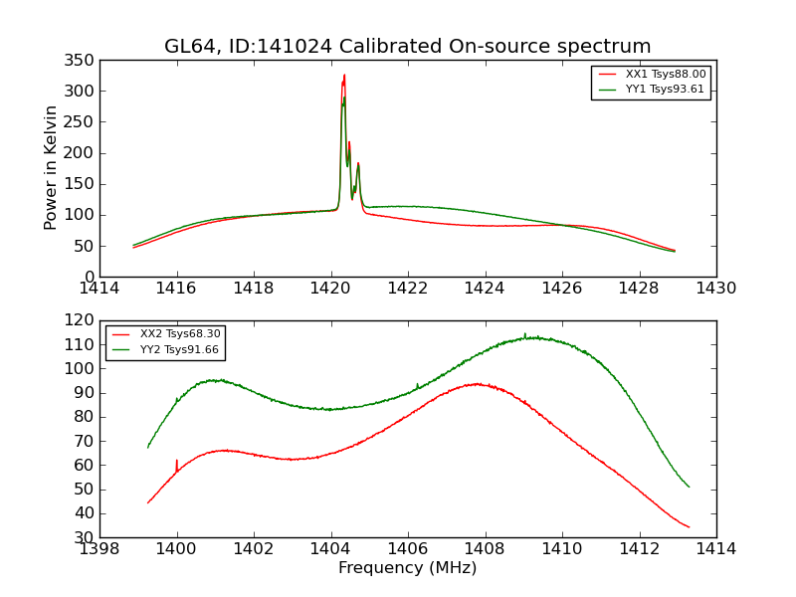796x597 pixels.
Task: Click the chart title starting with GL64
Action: pos(407,46)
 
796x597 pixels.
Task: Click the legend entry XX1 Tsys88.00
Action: pos(665,75)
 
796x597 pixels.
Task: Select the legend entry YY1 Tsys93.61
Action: pos(665,89)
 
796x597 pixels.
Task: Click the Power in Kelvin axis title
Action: pos(51,167)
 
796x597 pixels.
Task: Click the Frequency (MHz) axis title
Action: pos(407,568)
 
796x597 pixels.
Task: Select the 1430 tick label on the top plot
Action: pos(715,289)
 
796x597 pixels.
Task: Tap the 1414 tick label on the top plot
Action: pos(100,289)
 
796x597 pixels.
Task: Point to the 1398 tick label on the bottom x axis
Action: pos(100,549)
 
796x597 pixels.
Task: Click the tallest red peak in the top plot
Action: pos(344,76)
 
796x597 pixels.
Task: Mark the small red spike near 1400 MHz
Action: pos(177,461)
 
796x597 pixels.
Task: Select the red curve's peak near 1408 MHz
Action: pos(478,383)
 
